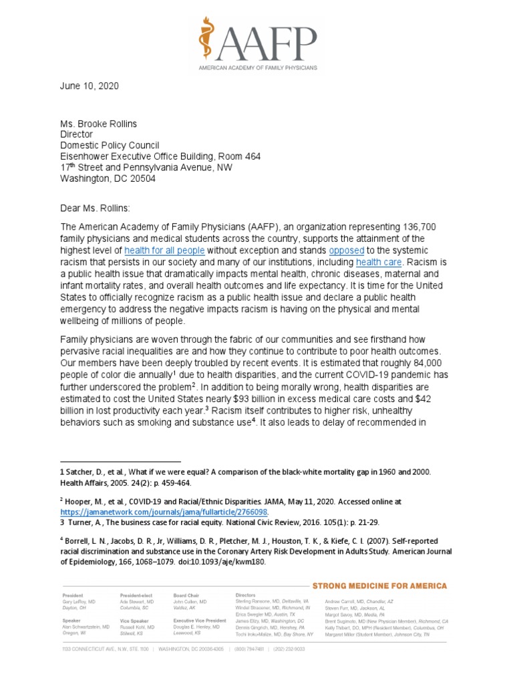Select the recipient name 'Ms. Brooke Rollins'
(x=103, y=122)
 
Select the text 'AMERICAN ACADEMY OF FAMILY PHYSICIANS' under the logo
(x=256, y=68)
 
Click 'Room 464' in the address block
(x=240, y=156)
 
